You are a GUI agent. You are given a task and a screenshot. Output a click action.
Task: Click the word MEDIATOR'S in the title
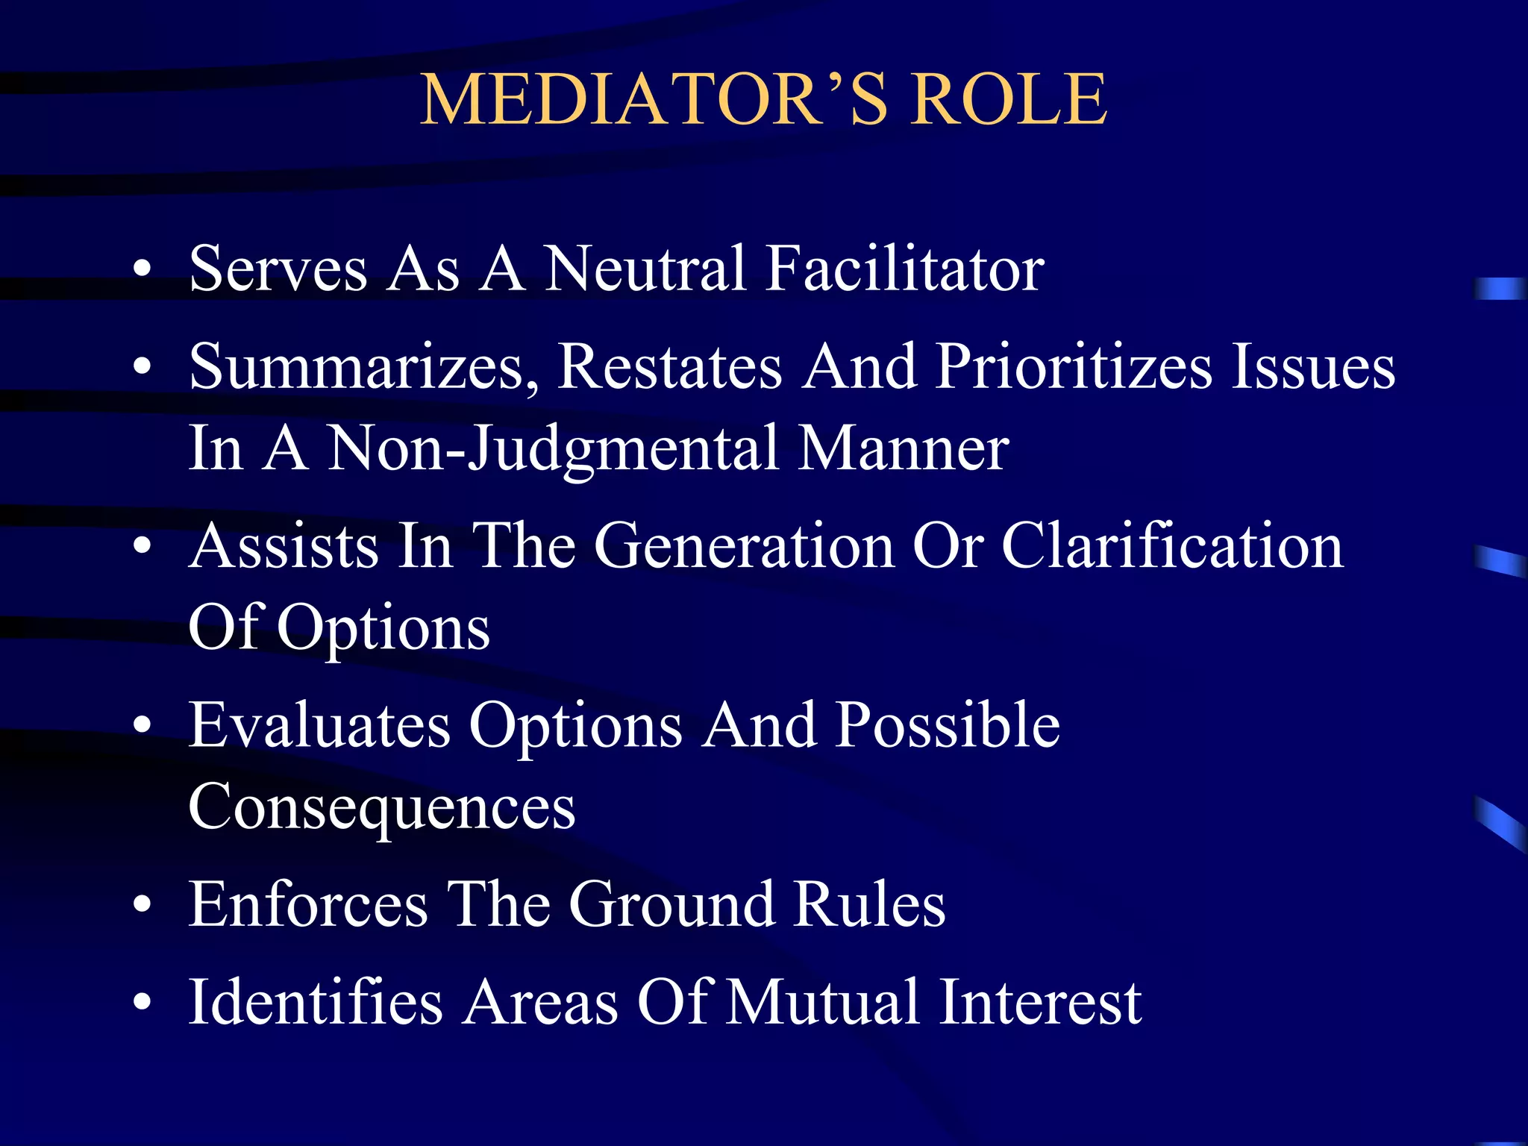(x=654, y=100)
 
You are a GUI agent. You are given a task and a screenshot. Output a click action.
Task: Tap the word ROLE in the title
(x=1009, y=100)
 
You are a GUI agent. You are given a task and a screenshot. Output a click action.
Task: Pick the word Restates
(x=669, y=367)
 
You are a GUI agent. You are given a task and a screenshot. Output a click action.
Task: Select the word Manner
(x=903, y=449)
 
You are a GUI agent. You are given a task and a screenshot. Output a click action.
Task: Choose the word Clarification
(x=1172, y=546)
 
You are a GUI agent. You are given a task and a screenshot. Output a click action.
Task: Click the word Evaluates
(x=319, y=725)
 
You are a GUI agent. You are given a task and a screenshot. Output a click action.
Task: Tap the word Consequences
(x=382, y=807)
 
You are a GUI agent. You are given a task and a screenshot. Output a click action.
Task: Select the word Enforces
(x=308, y=904)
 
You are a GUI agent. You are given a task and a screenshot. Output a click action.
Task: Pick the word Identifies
(x=316, y=1002)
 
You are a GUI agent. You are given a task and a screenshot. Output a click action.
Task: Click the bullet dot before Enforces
(x=142, y=906)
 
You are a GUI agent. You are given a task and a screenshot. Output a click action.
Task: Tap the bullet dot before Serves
(x=142, y=270)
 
